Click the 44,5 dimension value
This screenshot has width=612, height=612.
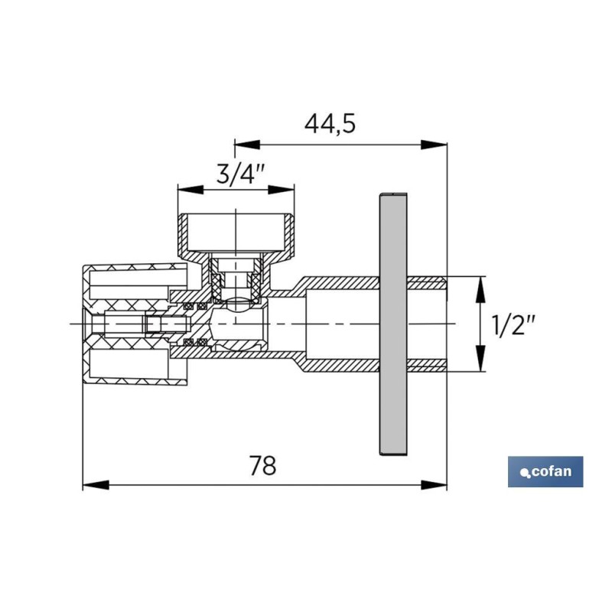[x=330, y=124]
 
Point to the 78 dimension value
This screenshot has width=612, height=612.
[x=262, y=465]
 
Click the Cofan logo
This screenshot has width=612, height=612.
[x=545, y=471]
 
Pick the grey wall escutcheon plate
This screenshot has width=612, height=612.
[x=393, y=324]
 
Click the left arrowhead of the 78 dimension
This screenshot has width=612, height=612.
[x=96, y=485]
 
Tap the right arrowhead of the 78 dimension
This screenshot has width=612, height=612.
[x=434, y=485]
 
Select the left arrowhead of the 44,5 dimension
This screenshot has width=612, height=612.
[x=247, y=145]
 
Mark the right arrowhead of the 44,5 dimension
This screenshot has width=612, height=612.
[x=434, y=145]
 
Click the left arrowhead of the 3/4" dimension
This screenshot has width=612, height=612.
[x=190, y=190]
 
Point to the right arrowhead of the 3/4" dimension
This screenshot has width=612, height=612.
[x=281, y=190]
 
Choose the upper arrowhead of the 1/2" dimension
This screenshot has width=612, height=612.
[x=481, y=290]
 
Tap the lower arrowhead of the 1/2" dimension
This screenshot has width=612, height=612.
[x=481, y=358]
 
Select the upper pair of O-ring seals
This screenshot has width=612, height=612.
[x=195, y=305]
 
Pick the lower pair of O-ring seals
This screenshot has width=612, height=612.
[x=195, y=343]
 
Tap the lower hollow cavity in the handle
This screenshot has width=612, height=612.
[x=129, y=363]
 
